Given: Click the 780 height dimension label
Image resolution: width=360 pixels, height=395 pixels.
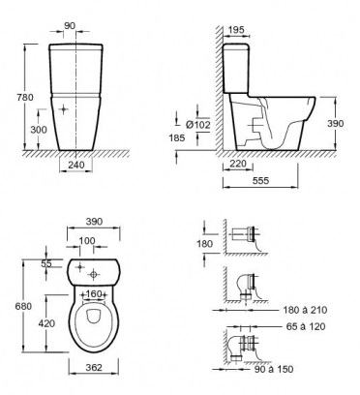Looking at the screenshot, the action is coord(25,97).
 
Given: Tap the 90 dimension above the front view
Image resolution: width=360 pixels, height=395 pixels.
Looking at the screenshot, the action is coord(70,26).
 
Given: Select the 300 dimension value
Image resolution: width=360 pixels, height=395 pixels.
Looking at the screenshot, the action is coord(39,130).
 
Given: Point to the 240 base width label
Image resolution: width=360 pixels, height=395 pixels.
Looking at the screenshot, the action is coord(76,165).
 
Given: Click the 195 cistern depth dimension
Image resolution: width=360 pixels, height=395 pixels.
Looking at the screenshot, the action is coord(236,30).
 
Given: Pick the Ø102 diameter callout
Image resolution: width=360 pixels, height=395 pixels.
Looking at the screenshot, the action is coord(198,125).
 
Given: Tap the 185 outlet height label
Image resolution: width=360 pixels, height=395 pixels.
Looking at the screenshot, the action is coord(177,137).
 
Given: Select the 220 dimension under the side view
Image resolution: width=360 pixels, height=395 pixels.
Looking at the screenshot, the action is coord(237,164).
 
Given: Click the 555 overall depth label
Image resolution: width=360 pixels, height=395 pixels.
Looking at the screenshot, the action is coord(260,180).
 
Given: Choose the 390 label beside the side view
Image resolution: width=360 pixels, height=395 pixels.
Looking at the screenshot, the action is coord(336,123).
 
